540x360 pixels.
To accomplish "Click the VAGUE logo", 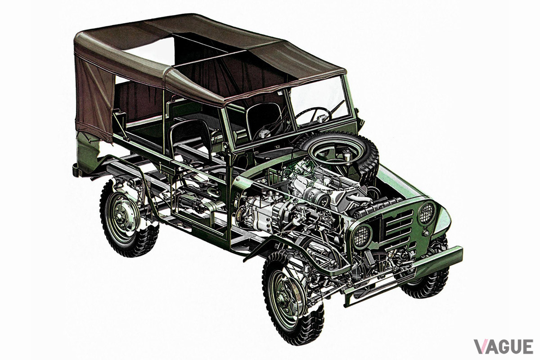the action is tap(504, 346).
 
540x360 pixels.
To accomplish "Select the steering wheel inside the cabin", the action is tap(313, 115).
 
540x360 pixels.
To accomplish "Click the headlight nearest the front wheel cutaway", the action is tap(362, 236).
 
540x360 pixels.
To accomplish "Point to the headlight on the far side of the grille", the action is tap(427, 213).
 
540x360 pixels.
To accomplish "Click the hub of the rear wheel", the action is tap(119, 217).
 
